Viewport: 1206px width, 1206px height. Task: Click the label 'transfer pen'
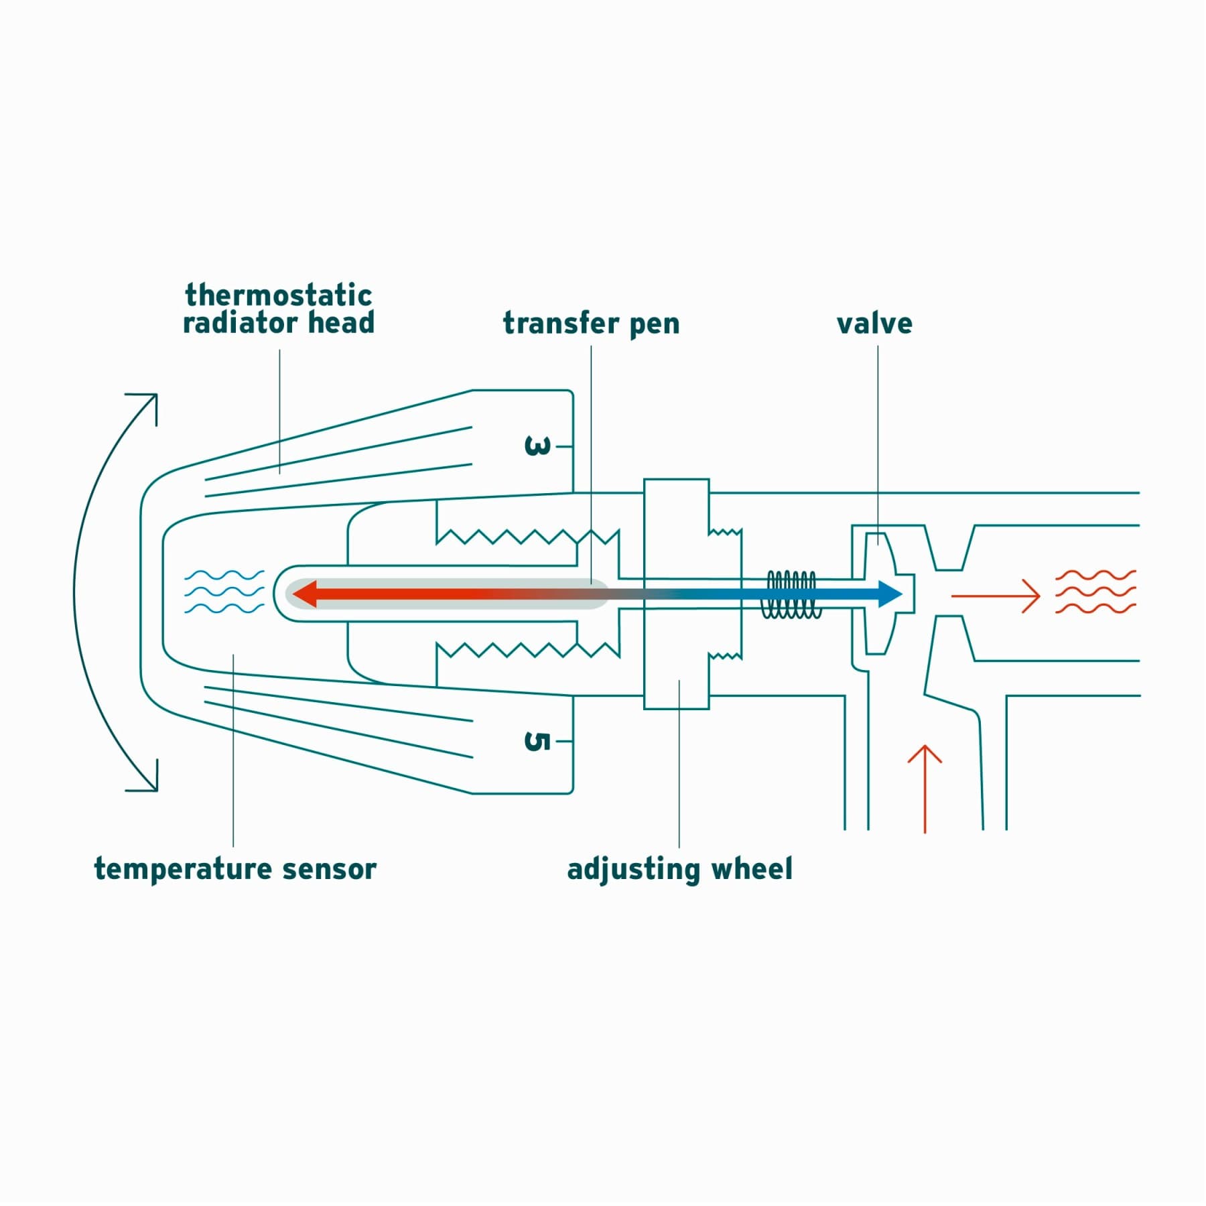591,324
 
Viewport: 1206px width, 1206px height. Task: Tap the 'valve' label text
874,324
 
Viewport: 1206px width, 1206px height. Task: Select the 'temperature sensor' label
235,869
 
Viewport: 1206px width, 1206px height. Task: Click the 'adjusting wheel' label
679,869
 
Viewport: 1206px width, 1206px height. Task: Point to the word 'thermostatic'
278,295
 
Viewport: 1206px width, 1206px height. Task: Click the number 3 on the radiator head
537,446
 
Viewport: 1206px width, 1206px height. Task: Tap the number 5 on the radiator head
537,741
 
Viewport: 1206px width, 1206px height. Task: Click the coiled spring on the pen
791,594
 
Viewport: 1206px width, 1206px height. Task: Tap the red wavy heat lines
1095,592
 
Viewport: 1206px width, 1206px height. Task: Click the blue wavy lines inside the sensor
224,592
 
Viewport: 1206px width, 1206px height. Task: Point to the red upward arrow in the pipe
925,787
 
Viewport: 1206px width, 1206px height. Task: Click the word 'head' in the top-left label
341,323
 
